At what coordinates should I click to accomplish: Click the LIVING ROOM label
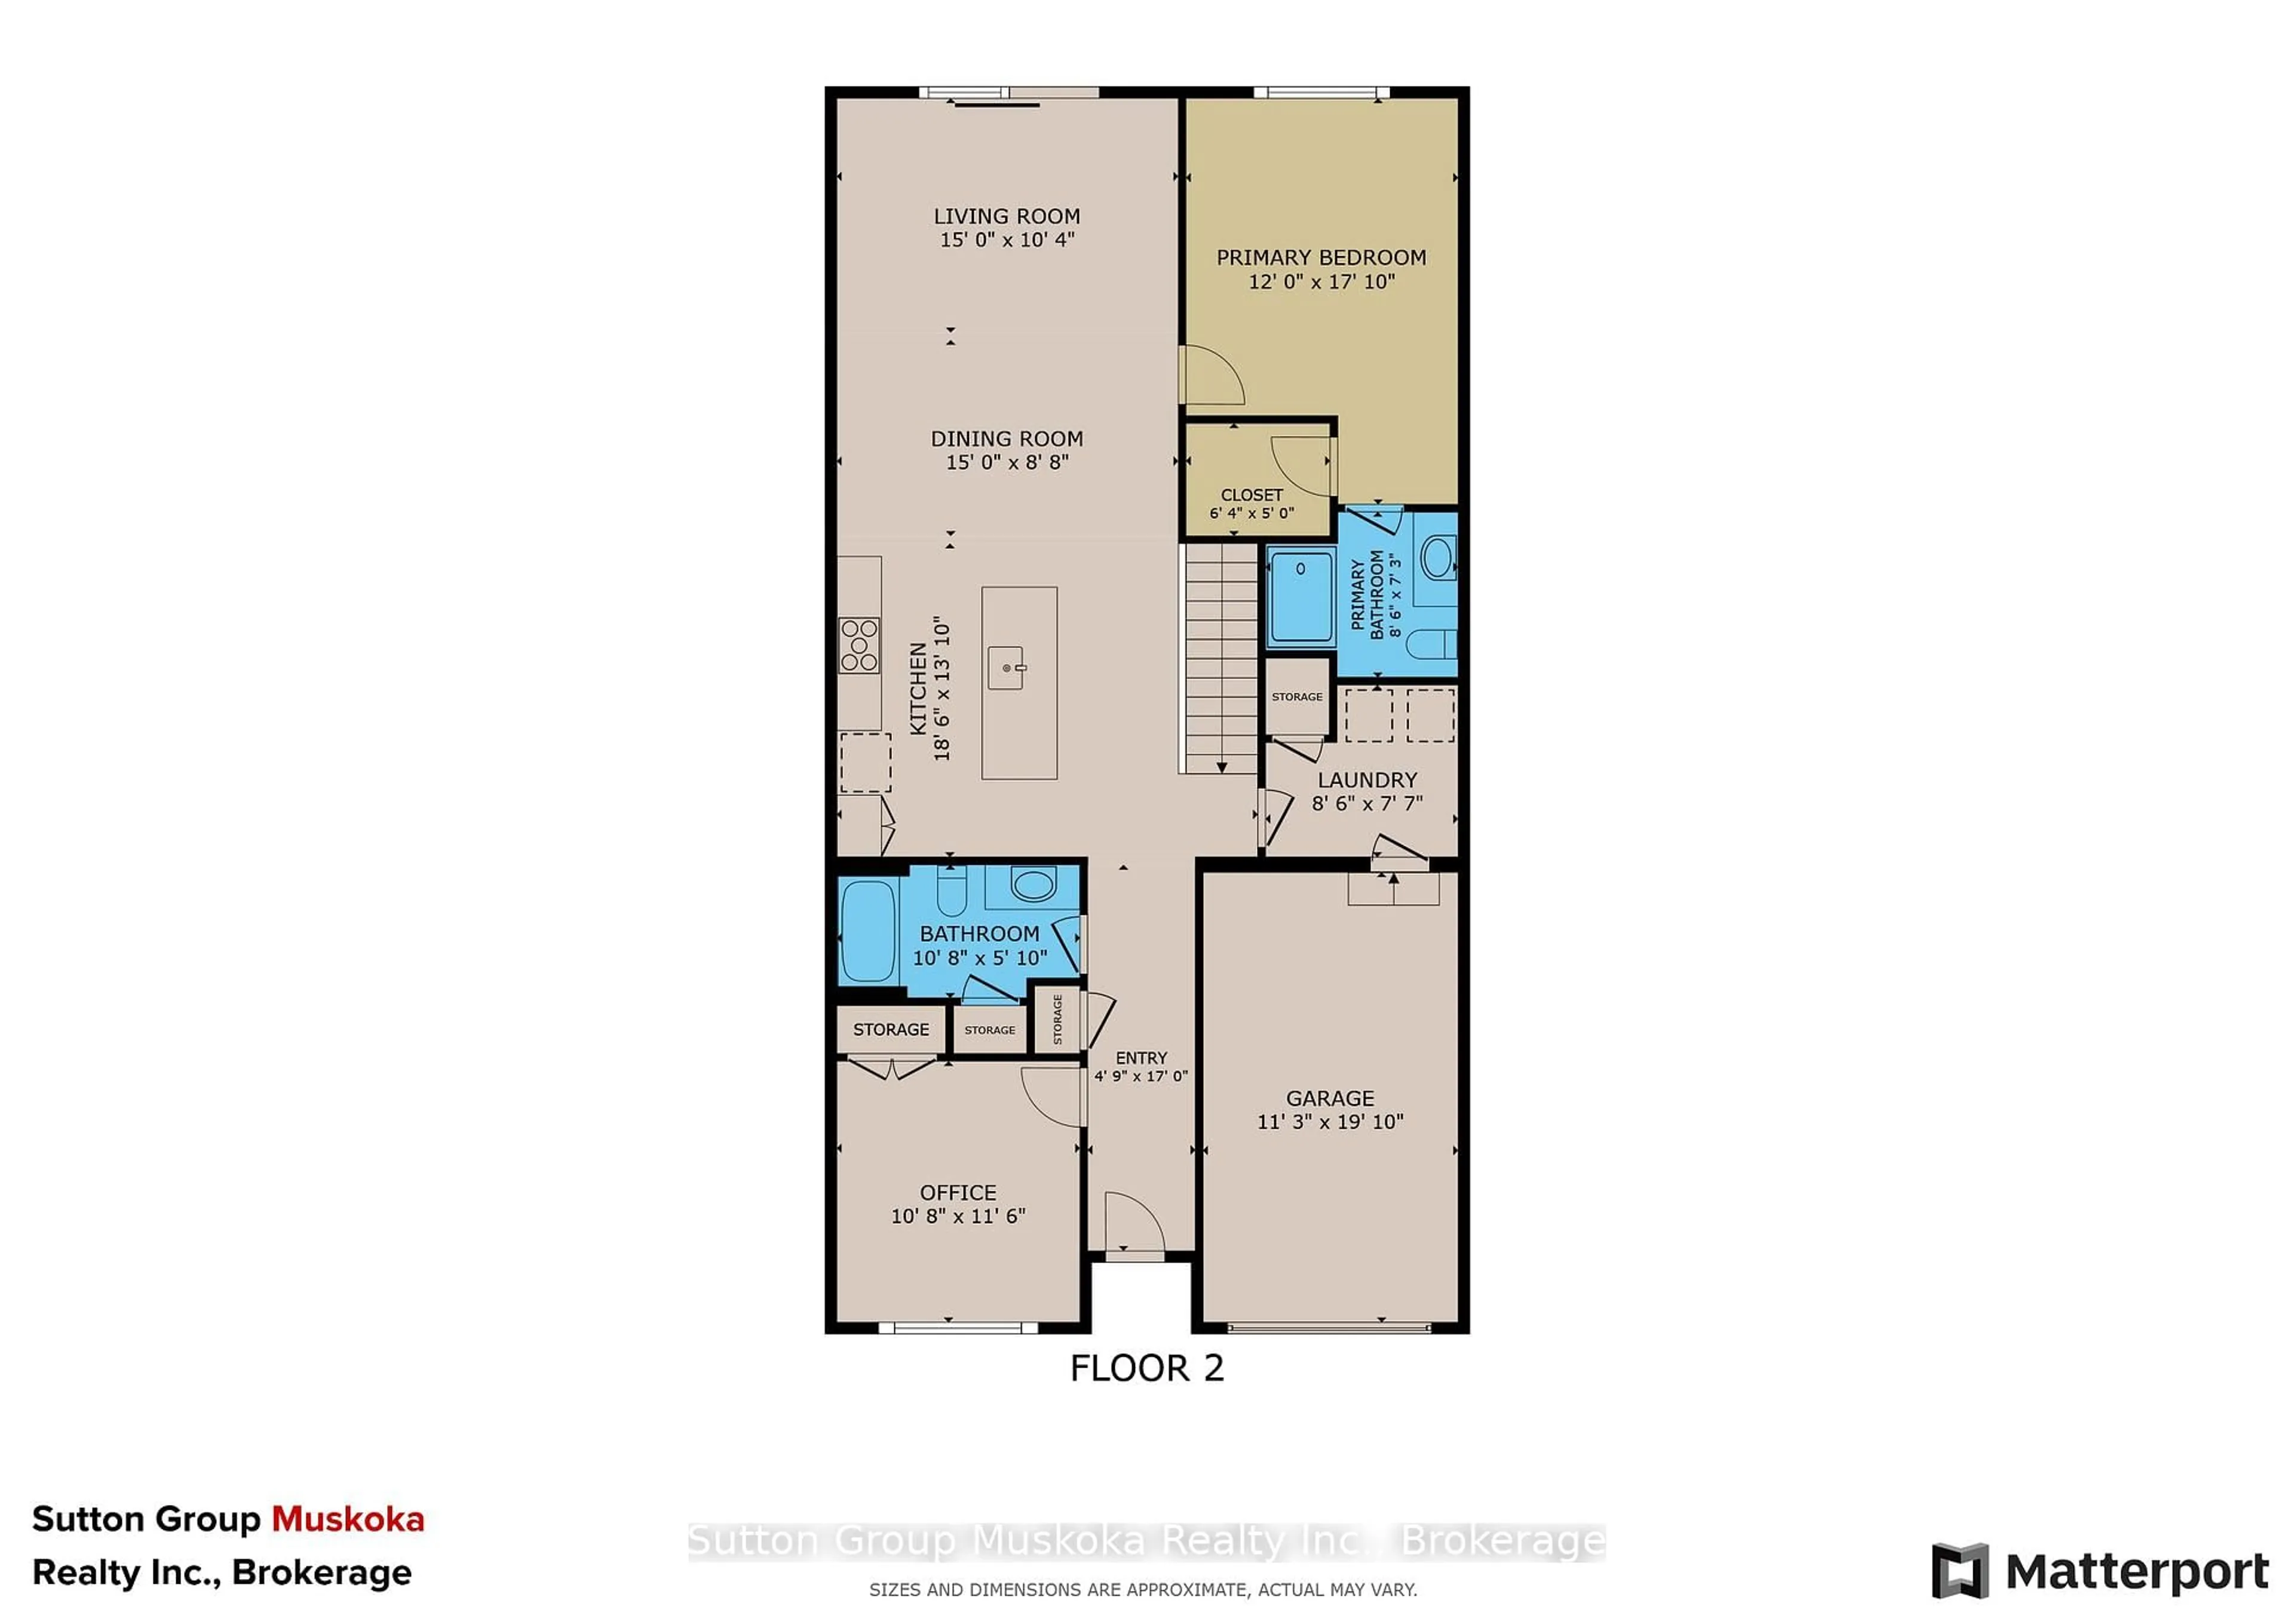coord(1006,216)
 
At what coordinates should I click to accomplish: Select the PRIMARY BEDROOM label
coord(1321,257)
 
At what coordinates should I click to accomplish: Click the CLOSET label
coord(1251,496)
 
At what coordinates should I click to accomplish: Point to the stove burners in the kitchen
coord(859,645)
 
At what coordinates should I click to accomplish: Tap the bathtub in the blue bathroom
coord(867,931)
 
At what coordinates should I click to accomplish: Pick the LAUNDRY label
coord(1367,780)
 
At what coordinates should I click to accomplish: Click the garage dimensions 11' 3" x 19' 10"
coord(1330,1122)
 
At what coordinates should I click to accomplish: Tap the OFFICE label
coord(957,1193)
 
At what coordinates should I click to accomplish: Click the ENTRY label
coord(1141,1058)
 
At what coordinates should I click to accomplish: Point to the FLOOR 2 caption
coord(1146,1368)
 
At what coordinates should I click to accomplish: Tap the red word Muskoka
coord(348,1519)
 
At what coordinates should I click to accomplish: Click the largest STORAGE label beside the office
coord(890,1030)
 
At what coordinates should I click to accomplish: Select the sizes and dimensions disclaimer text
coord(1142,1590)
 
